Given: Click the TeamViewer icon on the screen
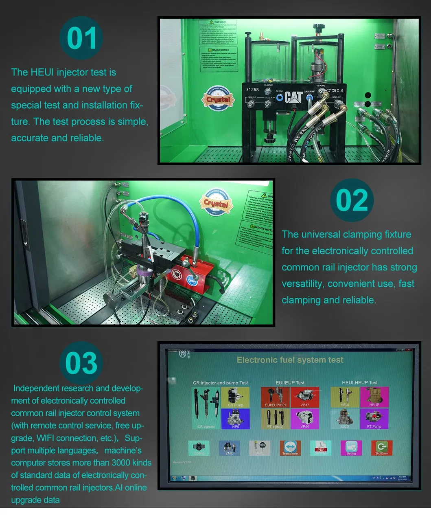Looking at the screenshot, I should pyautogui.click(x=290, y=447).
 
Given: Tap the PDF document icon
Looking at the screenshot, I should pyautogui.click(x=321, y=447).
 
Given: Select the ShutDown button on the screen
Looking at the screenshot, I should pyautogui.click(x=381, y=447).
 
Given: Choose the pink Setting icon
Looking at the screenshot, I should pyautogui.click(x=351, y=447).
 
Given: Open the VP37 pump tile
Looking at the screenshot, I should pyautogui.click(x=305, y=397).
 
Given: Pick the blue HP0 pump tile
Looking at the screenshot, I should pyautogui.click(x=235, y=419).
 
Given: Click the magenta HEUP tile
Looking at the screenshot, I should pyautogui.click(x=374, y=397).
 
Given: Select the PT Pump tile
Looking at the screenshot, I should pyautogui.click(x=374, y=419).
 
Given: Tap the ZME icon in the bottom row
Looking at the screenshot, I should pyautogui.click(x=229, y=447).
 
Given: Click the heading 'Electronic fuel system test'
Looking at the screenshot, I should pyautogui.click(x=290, y=360).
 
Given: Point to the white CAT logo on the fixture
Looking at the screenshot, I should pyautogui.click(x=293, y=97).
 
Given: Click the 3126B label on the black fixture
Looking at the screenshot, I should pyautogui.click(x=252, y=90).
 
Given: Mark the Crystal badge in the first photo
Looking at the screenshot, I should pyautogui.click(x=218, y=99).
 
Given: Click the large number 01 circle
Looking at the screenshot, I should pyautogui.click(x=81, y=38).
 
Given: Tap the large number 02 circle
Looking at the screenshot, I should pyautogui.click(x=352, y=200).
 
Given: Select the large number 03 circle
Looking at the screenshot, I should pyautogui.click(x=81, y=363).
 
